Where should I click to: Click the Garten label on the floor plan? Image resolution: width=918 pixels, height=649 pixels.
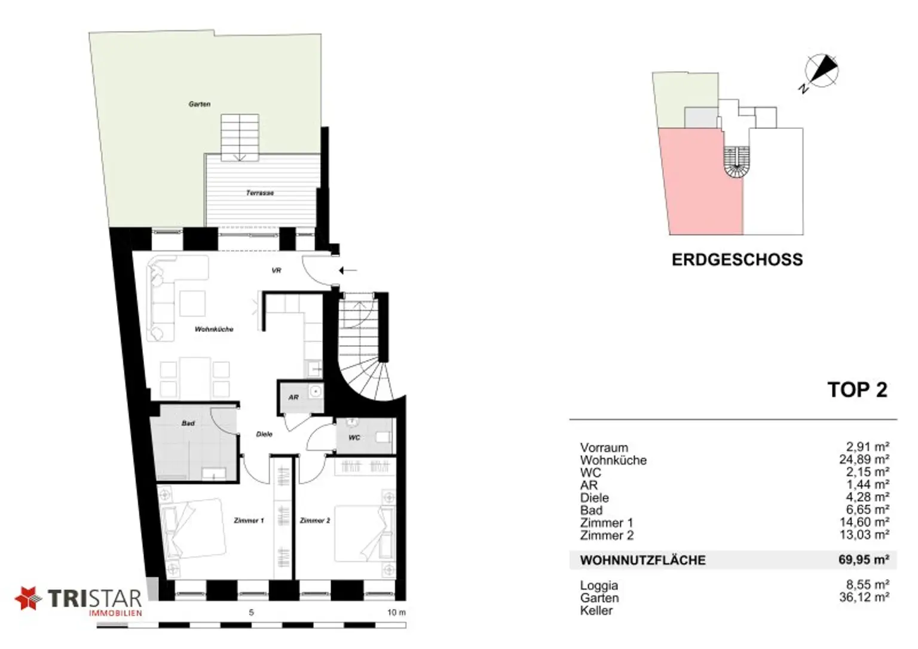tap(200, 104)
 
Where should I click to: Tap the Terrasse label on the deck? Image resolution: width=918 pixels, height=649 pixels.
tap(260, 192)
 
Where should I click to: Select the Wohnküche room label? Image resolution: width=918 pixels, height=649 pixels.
tap(214, 329)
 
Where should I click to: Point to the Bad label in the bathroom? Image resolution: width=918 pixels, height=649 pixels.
tap(188, 423)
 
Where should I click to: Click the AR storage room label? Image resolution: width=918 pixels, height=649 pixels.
tap(293, 397)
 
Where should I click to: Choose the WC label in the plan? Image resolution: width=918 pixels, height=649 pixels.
tap(354, 438)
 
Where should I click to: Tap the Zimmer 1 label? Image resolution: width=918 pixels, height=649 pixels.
tap(249, 521)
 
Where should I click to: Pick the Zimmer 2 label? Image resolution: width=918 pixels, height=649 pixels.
tap(315, 521)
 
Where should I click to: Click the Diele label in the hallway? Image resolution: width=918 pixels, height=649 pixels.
tap(264, 434)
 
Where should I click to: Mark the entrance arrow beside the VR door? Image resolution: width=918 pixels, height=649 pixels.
tap(348, 270)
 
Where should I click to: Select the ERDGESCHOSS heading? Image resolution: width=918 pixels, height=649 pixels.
tap(738, 260)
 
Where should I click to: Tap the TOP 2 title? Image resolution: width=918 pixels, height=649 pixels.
tap(858, 390)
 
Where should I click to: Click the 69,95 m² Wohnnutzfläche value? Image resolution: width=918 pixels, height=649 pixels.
tap(864, 559)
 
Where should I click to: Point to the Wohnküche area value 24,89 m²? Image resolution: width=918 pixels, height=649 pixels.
tap(864, 459)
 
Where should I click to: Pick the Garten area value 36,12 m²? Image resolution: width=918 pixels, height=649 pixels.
tap(864, 598)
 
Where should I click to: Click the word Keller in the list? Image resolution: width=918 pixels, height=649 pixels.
tap(596, 611)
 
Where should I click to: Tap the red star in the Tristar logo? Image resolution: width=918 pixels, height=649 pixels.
tap(28, 598)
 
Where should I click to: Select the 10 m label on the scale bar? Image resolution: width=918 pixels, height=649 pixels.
tap(396, 613)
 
